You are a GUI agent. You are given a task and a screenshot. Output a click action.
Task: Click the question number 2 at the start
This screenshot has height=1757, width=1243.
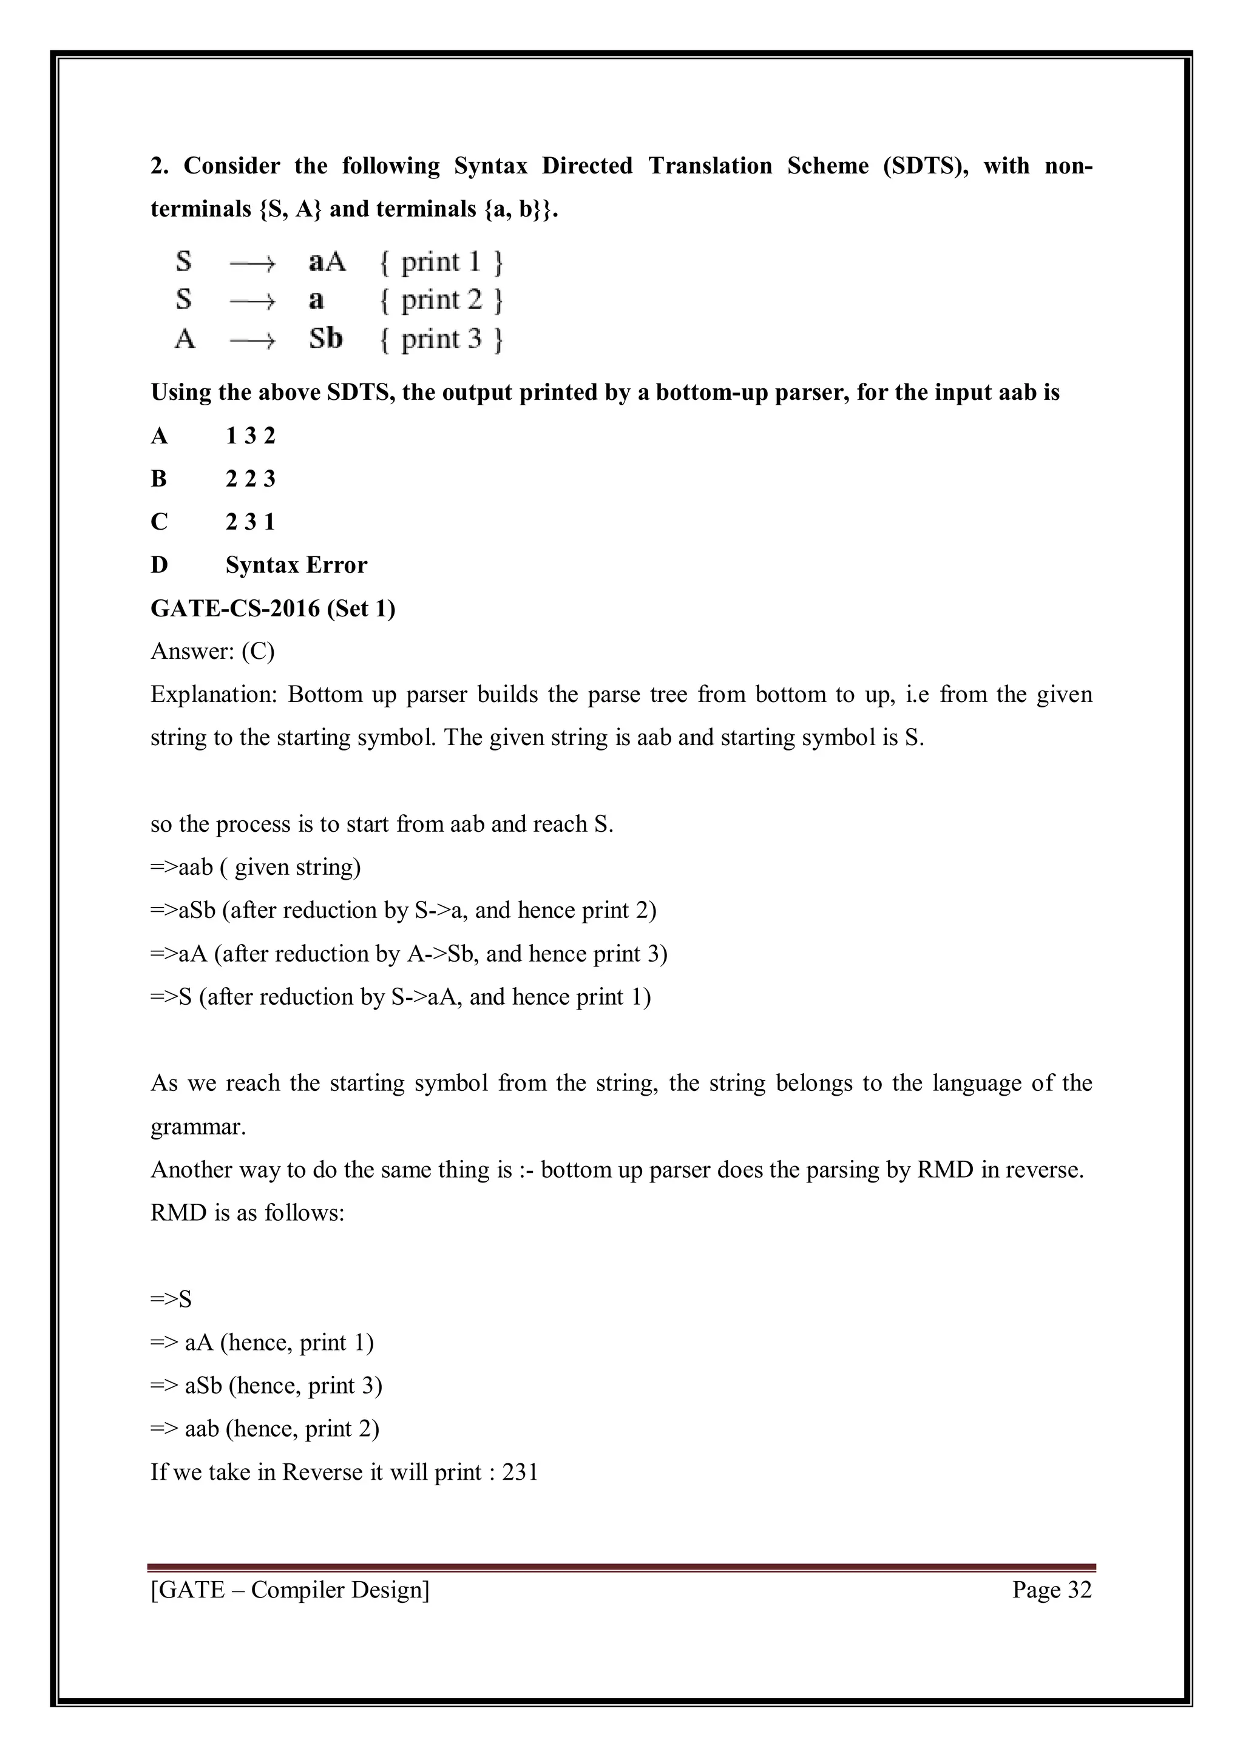pos(158,166)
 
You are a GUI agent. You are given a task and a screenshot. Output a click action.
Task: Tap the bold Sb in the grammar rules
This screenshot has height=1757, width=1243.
pos(325,339)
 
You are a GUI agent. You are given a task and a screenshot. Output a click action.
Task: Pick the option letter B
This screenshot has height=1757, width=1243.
pos(159,479)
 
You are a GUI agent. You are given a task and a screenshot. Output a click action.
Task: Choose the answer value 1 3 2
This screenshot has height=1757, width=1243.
pos(250,436)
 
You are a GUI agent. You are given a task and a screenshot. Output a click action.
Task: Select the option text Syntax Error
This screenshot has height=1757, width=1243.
pos(296,565)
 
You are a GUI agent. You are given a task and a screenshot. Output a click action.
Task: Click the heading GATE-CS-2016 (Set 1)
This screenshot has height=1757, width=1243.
pos(273,609)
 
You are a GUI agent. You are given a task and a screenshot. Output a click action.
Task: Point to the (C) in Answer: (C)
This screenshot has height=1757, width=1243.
pos(258,651)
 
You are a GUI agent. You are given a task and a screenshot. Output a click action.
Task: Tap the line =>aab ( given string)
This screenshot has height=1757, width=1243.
pos(256,867)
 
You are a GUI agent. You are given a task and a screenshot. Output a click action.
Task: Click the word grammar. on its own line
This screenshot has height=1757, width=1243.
pos(198,1127)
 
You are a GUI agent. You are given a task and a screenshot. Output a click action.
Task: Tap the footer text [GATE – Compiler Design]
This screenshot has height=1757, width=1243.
pos(290,1590)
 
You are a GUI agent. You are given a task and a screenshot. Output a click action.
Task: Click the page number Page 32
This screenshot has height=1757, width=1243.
pos(1052,1590)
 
